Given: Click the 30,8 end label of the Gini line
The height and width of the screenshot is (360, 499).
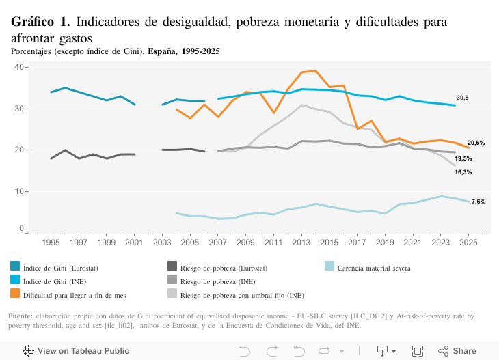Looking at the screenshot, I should [463, 98].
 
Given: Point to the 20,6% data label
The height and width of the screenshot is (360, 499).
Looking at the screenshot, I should [476, 143].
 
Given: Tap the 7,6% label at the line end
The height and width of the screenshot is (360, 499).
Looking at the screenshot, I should [478, 202].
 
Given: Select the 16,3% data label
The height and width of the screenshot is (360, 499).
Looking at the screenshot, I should [463, 172].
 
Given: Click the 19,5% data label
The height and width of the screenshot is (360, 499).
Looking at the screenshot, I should [463, 158].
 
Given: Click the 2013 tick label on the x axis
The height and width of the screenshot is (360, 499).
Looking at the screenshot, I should [301, 243].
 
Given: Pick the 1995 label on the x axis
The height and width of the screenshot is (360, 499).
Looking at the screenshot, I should [51, 243].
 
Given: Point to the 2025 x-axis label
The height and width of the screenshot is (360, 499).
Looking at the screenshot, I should [468, 243].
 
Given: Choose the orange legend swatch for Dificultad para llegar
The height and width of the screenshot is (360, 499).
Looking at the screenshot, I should [15, 293].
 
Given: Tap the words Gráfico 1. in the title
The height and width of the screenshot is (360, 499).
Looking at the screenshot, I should [40, 22].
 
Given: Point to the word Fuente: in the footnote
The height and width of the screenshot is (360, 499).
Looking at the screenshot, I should [21, 316].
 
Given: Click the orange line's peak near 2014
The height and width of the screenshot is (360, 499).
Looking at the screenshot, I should [314, 70].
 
